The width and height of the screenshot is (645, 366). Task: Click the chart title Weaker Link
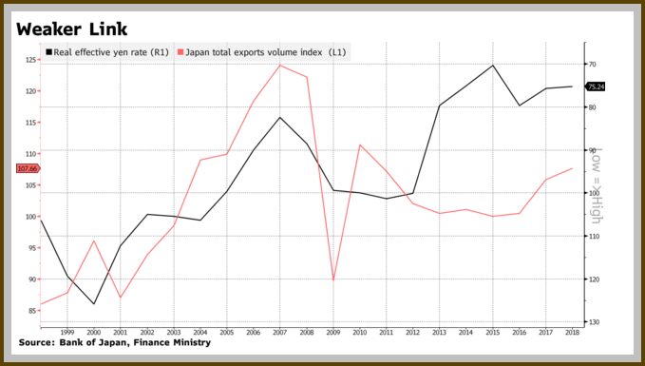(x=72, y=29)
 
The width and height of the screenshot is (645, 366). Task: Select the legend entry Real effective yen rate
(x=107, y=52)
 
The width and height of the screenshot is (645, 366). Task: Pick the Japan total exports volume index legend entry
(x=261, y=52)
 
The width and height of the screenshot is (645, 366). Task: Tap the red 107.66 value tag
(x=28, y=168)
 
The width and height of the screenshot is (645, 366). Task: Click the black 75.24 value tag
(x=596, y=87)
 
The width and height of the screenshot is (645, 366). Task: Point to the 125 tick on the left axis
(x=30, y=60)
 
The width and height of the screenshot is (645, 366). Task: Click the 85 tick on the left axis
(x=32, y=311)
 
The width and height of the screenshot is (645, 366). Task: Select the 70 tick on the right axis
(x=593, y=65)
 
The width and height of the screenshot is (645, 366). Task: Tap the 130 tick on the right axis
(x=594, y=322)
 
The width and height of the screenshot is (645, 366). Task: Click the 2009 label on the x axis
(x=333, y=332)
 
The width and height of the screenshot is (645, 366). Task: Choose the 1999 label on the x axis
(x=67, y=332)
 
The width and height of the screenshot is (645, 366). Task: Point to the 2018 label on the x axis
(x=572, y=332)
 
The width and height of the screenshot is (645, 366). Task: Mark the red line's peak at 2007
(x=279, y=66)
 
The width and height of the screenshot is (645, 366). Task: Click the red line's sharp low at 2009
(x=333, y=279)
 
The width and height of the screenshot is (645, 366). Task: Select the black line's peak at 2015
(x=492, y=65)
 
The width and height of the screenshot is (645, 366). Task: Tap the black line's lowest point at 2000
(x=94, y=304)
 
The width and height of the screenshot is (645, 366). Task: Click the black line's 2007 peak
(x=280, y=117)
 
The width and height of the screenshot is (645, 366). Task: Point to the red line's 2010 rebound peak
(x=360, y=144)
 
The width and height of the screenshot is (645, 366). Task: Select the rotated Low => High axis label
(x=596, y=185)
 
